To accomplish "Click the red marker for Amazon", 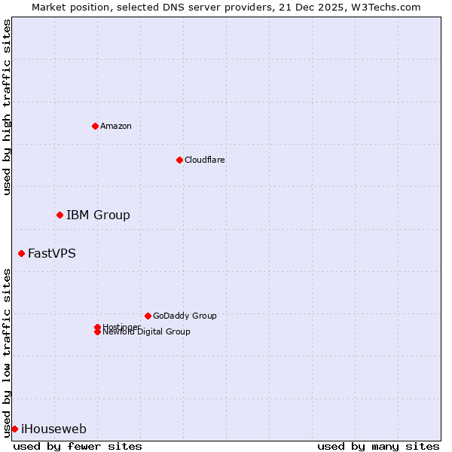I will click(95, 126).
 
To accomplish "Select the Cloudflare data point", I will click(179, 160).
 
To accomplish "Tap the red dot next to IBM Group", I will click(60, 215).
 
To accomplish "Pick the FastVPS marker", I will click(21, 254).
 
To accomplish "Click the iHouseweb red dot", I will click(14, 429).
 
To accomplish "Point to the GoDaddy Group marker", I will click(148, 316).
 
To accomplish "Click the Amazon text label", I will click(115, 126).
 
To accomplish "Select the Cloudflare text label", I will click(204, 160).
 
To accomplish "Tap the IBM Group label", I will click(98, 215).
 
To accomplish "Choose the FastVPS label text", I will click(52, 254).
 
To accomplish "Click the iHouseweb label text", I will click(53, 429).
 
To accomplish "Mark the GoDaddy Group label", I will click(185, 316).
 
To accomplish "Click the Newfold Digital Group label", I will click(146, 332).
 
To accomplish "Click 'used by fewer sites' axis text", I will click(78, 446).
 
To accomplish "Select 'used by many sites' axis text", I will click(378, 446).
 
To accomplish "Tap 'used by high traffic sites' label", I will click(8, 107).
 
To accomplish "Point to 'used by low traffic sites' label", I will click(8, 352).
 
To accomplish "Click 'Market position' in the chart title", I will click(67, 7).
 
